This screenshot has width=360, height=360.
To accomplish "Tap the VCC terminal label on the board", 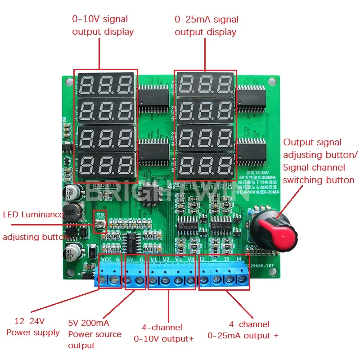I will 106,260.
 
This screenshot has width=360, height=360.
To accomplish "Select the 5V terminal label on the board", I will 130,260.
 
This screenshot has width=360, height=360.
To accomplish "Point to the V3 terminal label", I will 179,260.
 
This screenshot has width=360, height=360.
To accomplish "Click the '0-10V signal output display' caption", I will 103,25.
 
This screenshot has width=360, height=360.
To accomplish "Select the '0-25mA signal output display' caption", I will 206,26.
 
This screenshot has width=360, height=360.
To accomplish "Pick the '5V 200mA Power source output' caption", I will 94,334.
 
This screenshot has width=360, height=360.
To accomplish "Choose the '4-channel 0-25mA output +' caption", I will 243,330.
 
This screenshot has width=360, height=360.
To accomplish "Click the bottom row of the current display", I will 205,164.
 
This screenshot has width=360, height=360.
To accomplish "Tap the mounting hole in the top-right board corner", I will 271,82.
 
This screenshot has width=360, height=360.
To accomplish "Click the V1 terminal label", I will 153,260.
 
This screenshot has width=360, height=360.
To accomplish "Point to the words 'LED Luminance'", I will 33,214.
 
